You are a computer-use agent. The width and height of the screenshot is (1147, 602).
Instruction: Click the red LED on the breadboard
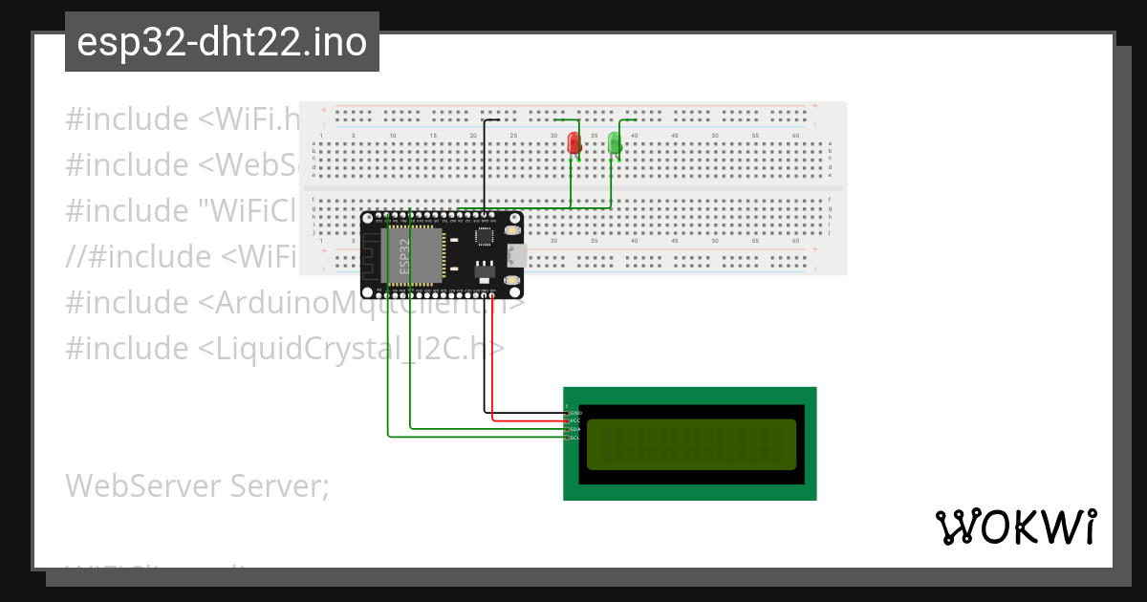tap(573, 143)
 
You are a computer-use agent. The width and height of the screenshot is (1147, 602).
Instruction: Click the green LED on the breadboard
tap(614, 144)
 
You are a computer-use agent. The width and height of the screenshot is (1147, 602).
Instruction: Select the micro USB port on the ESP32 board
tap(517, 255)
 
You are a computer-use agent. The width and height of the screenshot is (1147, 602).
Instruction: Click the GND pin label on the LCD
tap(575, 413)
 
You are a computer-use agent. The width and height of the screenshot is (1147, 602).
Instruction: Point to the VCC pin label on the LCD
tap(575, 420)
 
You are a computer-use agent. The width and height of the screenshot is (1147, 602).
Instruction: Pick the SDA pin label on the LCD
tap(575, 429)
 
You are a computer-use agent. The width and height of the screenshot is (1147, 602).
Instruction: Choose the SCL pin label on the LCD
tap(575, 438)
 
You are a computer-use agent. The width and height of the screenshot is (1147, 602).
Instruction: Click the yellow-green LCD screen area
tap(690, 444)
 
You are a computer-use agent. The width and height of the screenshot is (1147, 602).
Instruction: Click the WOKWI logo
tap(1015, 527)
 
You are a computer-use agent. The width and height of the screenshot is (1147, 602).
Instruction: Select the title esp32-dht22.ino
tap(222, 43)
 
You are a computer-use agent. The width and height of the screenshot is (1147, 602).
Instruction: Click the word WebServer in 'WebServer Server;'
tap(144, 486)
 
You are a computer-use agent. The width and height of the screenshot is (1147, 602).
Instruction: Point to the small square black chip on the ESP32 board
tap(485, 235)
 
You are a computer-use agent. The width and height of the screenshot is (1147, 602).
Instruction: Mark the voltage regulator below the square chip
tap(485, 260)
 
